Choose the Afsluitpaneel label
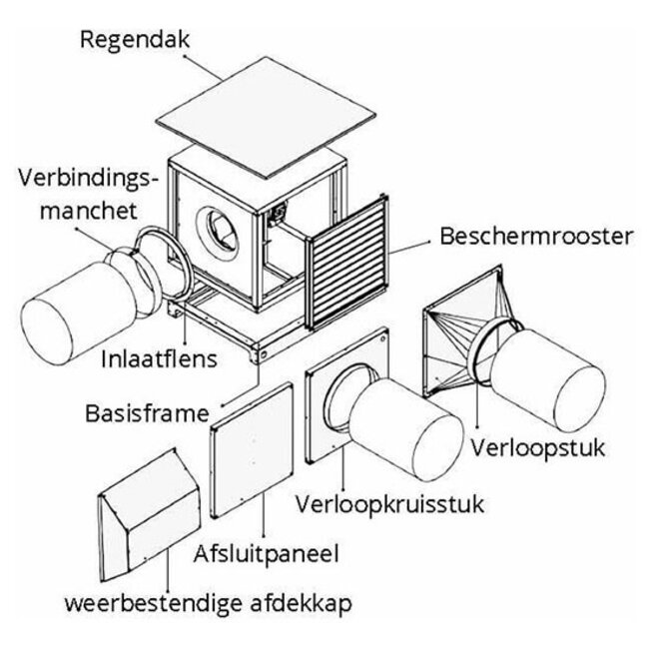(x=267, y=551)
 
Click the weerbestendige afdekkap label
(x=209, y=604)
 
